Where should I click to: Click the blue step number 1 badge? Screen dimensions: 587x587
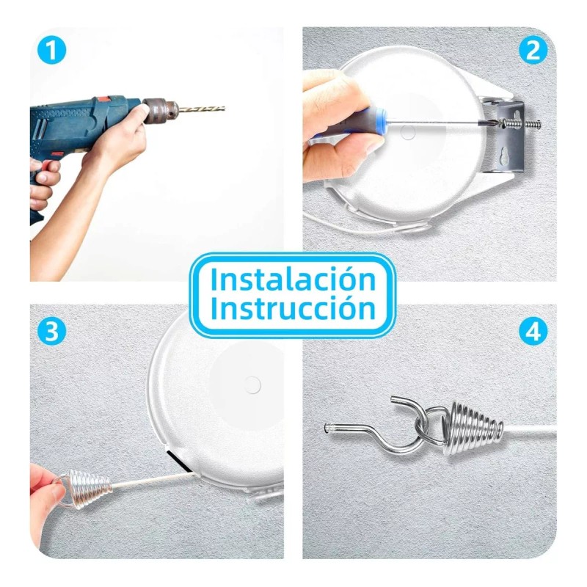click(x=51, y=51)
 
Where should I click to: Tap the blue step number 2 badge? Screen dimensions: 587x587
click(x=533, y=51)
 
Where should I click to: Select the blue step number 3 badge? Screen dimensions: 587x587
click(x=51, y=331)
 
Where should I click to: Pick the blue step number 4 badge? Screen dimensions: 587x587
click(x=533, y=331)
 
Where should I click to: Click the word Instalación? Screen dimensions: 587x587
click(x=293, y=280)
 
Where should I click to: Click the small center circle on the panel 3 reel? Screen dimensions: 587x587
click(x=253, y=383)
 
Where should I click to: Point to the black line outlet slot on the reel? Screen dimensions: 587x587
click(x=177, y=463)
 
